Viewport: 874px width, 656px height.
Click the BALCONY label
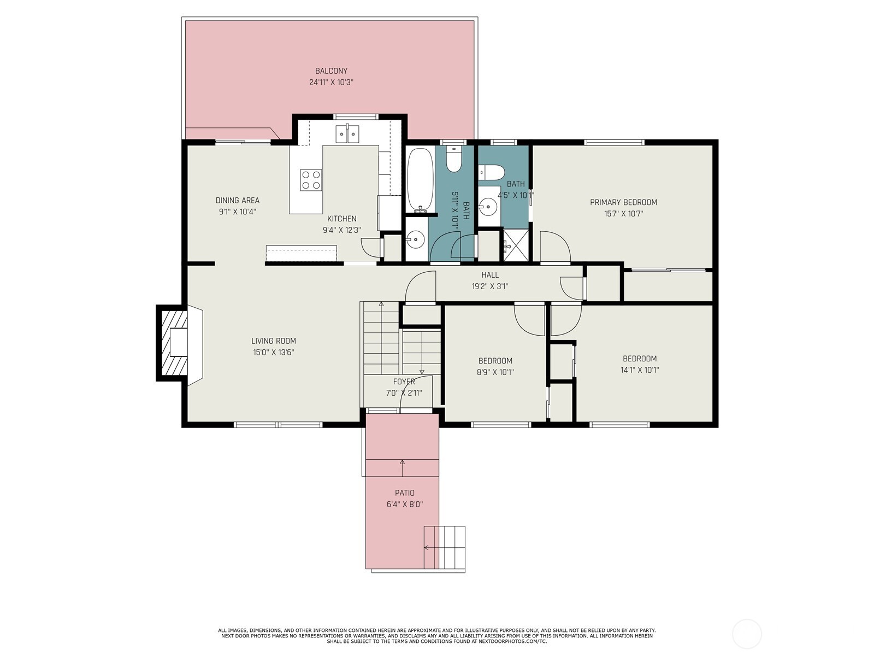331,71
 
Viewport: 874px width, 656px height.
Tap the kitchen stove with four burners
311,180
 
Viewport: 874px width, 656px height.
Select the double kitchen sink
347,134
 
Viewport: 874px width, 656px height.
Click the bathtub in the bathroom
420,180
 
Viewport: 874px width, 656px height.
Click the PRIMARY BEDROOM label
623,202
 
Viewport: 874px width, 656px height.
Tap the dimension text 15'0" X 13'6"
274,353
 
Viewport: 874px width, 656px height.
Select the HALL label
490,275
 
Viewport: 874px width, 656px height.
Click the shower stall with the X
516,245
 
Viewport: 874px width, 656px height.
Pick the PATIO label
405,493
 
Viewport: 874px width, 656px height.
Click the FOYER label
404,382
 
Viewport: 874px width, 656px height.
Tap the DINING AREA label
237,200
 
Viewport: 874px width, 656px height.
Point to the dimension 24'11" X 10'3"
331,83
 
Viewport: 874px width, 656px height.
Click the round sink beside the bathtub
415,239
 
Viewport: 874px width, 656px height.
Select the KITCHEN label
341,219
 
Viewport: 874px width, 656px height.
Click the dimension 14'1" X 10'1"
640,370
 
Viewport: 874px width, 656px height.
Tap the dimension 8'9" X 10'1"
495,372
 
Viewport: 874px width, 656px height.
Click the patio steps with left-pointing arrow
444,548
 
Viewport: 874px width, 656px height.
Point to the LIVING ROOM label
274,341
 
